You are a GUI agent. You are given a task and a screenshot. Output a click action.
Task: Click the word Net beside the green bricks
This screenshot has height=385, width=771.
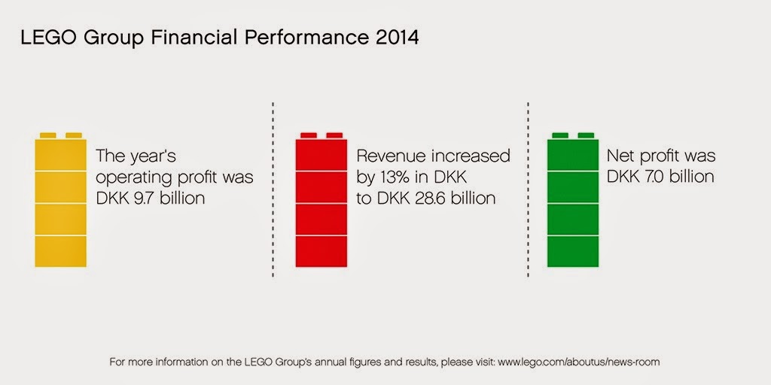622,156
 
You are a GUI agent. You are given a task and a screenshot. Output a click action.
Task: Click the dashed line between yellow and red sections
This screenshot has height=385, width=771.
273,188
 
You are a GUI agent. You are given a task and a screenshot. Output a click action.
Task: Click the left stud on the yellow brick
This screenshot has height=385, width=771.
47,135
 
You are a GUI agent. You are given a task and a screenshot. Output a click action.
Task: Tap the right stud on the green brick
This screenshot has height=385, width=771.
587,135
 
